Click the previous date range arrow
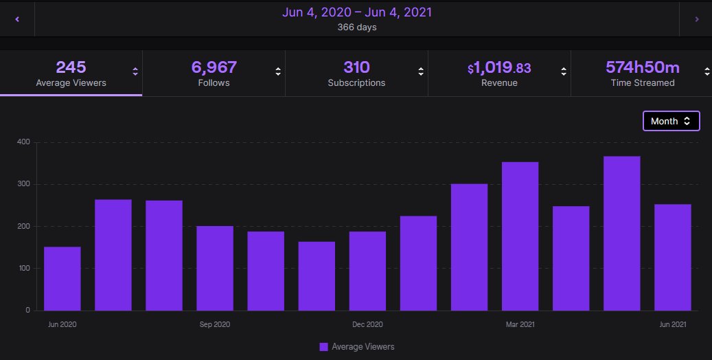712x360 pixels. (17, 19)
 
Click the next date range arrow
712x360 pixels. (696, 19)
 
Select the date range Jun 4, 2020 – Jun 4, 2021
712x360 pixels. (356, 12)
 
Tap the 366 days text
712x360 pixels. (356, 27)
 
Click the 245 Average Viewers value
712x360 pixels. (71, 67)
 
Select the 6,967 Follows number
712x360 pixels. (214, 67)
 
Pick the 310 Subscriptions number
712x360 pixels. (356, 67)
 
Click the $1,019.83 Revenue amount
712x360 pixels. (499, 68)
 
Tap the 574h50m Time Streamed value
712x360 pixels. (642, 67)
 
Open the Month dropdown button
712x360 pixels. (671, 121)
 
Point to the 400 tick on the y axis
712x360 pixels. (23, 142)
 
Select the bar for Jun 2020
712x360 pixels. (62, 278)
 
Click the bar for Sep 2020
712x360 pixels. (215, 268)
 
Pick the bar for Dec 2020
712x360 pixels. (367, 271)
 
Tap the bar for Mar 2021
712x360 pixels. (520, 236)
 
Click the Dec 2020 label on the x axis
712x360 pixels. (367, 324)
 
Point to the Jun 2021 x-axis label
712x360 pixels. (673, 324)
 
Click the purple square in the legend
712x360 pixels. (323, 347)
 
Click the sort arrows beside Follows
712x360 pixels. (278, 71)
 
